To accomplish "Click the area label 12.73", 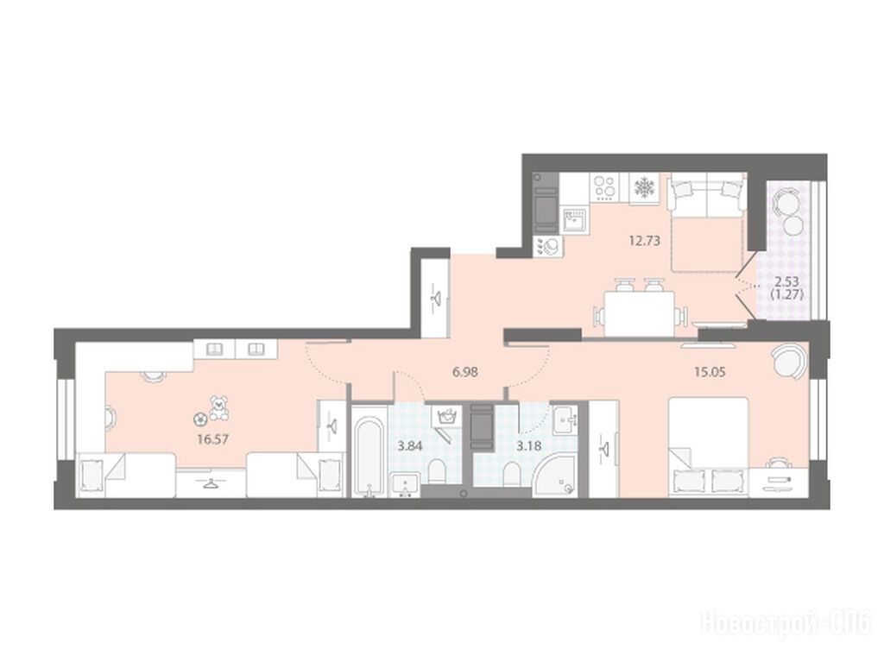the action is tap(644, 241).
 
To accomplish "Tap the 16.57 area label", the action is tap(213, 438).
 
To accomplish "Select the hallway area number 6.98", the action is tap(465, 372).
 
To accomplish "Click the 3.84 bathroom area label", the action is tap(410, 446).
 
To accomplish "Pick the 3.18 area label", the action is tap(529, 446).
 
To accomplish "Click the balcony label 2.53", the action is tap(786, 282).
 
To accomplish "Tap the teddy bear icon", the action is tap(218, 407).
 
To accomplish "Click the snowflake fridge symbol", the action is tap(643, 188).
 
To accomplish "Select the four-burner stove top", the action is tap(604, 188).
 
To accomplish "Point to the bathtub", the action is tap(369, 457).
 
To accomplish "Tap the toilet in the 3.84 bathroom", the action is tap(436, 472).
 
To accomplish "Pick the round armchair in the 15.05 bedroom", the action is tap(789, 362).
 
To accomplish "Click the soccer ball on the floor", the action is tap(199, 419).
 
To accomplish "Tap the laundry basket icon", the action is tap(447, 416).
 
